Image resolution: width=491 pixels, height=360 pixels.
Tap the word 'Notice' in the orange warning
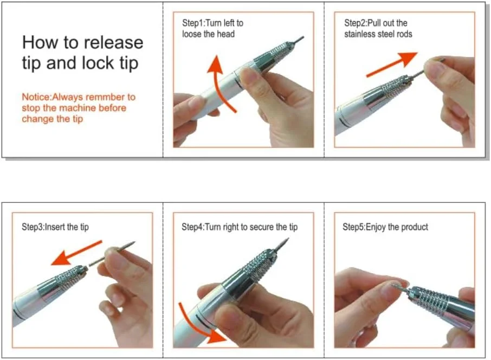tap(36, 97)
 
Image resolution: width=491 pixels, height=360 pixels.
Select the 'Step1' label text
tap(192, 23)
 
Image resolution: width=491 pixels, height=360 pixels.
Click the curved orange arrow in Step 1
tap(219, 85)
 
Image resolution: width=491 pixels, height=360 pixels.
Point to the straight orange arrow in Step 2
tap(392, 64)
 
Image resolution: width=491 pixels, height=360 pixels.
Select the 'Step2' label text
tap(355, 23)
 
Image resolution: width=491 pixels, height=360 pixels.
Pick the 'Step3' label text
tap(33, 227)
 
